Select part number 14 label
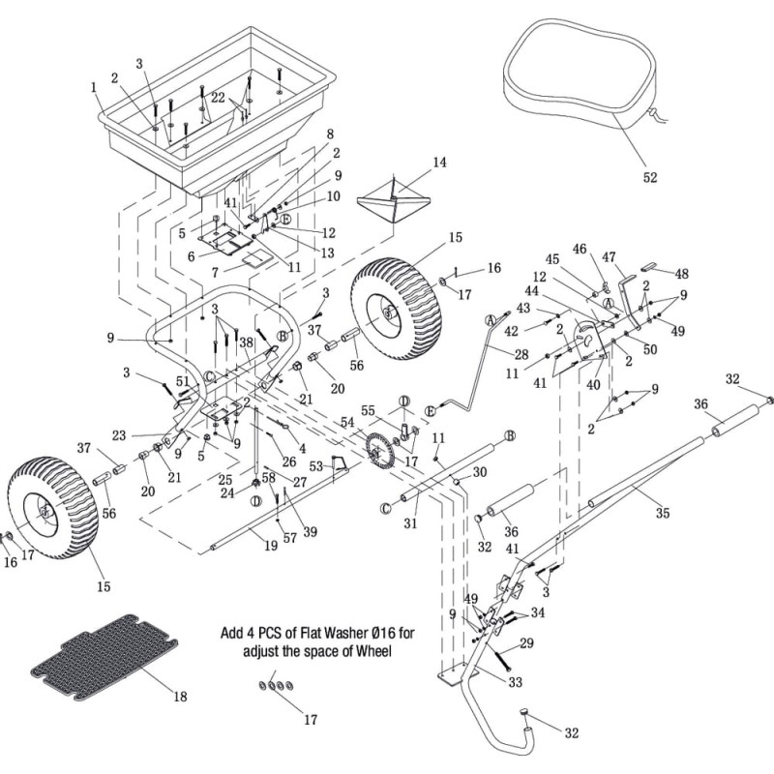pyautogui.click(x=440, y=163)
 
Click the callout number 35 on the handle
pyautogui.click(x=662, y=514)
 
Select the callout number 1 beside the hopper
pyautogui.click(x=95, y=87)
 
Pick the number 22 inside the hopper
pyautogui.click(x=219, y=97)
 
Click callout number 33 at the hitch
pyautogui.click(x=516, y=682)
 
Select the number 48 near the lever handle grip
pyautogui.click(x=682, y=274)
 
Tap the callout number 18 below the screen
pyautogui.click(x=180, y=697)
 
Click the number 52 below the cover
pyautogui.click(x=650, y=178)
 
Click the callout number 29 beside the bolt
pyautogui.click(x=527, y=643)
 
